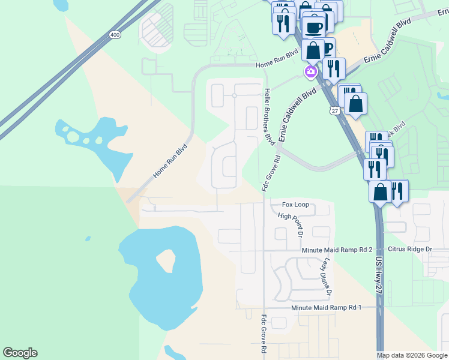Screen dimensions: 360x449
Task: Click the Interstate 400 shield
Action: (115, 36)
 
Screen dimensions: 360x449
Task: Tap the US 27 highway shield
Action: (334, 110)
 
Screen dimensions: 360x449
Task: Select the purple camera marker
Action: (310, 73)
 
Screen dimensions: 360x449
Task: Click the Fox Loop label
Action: (295, 205)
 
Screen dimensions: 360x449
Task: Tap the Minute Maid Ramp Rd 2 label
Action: (337, 249)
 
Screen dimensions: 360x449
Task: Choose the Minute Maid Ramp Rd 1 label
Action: (327, 307)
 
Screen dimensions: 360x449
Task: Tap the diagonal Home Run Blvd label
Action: (170, 161)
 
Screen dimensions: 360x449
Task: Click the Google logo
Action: (20, 353)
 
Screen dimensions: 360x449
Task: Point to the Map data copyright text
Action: (412, 355)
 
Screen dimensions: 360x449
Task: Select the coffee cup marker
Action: (314, 28)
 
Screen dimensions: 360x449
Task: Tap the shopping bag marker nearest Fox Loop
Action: (380, 193)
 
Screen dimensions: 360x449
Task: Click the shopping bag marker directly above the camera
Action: (313, 50)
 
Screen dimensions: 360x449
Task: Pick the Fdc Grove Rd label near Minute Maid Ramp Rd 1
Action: (264, 335)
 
